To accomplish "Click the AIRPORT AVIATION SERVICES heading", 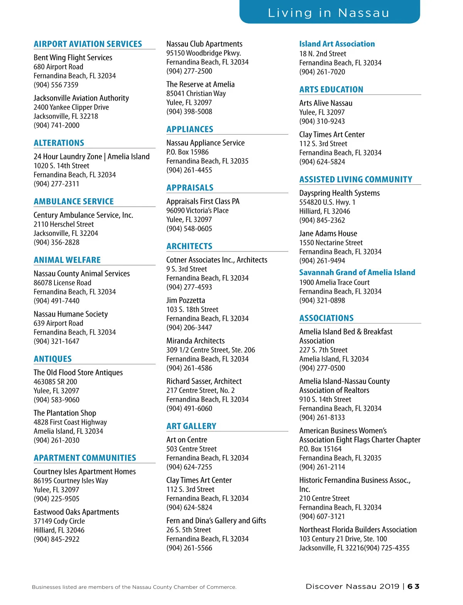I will tap(88, 44).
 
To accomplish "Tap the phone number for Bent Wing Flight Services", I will tap(56, 85).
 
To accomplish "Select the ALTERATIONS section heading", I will tap(59, 143).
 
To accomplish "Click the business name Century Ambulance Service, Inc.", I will tap(83, 215).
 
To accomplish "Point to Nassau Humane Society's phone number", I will tap(56, 341).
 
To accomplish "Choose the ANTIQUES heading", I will tap(52, 359).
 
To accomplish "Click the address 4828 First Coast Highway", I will tap(70, 422).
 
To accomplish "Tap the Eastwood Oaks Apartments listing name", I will tap(76, 512).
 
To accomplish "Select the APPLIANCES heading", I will tap(190, 129).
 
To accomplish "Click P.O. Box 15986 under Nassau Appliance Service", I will tap(188, 152).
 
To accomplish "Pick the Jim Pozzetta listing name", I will tap(186, 300).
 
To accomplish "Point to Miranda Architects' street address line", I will tap(211, 350).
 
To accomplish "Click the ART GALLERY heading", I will tap(191, 426).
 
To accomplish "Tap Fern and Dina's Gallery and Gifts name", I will tap(216, 521).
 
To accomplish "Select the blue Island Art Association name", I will tap(337, 44).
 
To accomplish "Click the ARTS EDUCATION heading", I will tap(331, 89).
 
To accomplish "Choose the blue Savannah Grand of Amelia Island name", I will tap(357, 273).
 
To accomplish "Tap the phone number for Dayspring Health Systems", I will tap(322, 221).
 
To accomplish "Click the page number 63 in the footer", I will tap(413, 586).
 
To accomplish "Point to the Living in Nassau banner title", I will tap(329, 13).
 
